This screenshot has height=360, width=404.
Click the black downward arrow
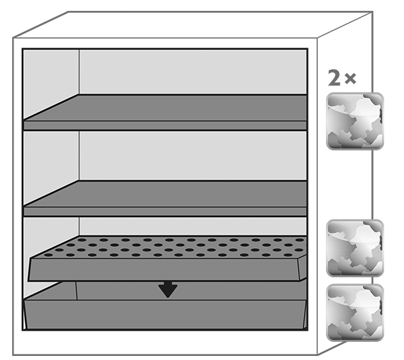click(x=167, y=290)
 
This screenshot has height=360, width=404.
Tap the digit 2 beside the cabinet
click(x=334, y=77)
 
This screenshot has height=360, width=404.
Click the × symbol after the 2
click(x=350, y=79)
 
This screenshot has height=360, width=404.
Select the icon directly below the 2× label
click(x=355, y=121)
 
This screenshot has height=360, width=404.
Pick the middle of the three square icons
click(x=355, y=248)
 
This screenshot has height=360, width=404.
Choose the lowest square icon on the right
click(x=355, y=313)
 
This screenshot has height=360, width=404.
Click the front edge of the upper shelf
click(x=165, y=125)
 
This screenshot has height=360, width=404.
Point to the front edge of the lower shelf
click(x=165, y=212)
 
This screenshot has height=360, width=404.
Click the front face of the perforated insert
click(x=164, y=269)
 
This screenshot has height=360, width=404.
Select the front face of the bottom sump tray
click(x=165, y=315)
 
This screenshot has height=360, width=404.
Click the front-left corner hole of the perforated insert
click(x=48, y=255)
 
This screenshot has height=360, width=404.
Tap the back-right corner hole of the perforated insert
click(x=300, y=240)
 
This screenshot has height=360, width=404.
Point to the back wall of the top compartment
click(x=193, y=72)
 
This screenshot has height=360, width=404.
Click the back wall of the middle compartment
click(x=193, y=156)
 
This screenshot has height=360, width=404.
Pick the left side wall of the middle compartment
click(x=52, y=167)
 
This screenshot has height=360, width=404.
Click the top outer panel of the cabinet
click(x=193, y=24)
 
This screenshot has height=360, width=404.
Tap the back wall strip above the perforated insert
click(x=193, y=226)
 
